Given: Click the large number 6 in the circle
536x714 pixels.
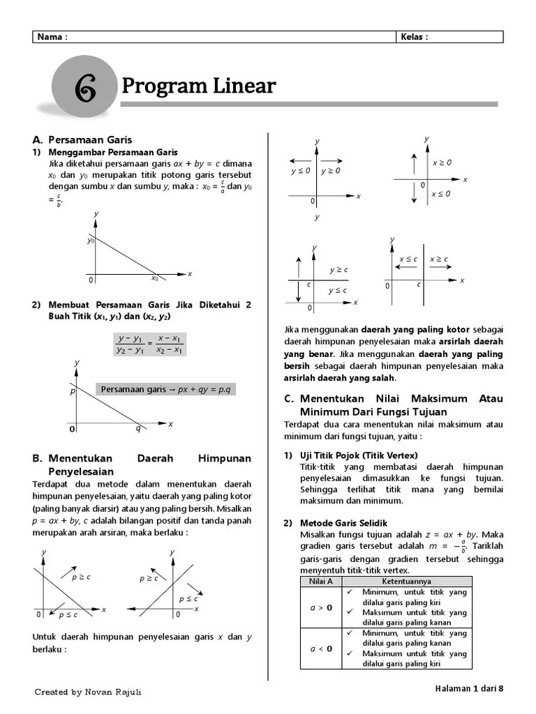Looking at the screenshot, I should [84, 90].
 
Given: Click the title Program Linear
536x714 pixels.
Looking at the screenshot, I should [199, 86].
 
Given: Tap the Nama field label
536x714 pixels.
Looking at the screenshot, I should [53, 38].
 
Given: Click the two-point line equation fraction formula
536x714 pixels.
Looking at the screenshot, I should [149, 344].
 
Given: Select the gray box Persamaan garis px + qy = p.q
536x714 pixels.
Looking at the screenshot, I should [165, 388].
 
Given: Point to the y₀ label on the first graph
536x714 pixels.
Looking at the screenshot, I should [91, 241].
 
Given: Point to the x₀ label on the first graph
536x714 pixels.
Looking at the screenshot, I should [155, 278].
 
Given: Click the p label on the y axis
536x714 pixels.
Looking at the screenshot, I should [72, 392].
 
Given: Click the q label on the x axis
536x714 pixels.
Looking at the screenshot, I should [138, 429].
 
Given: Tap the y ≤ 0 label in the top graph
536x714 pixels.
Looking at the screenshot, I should [301, 170].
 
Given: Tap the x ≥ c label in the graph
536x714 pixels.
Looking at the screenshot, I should [439, 259].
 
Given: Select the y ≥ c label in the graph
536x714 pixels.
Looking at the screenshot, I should [338, 270].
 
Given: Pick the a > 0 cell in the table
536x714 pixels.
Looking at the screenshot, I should [320, 607].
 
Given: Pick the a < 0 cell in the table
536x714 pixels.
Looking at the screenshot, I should [320, 648].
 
